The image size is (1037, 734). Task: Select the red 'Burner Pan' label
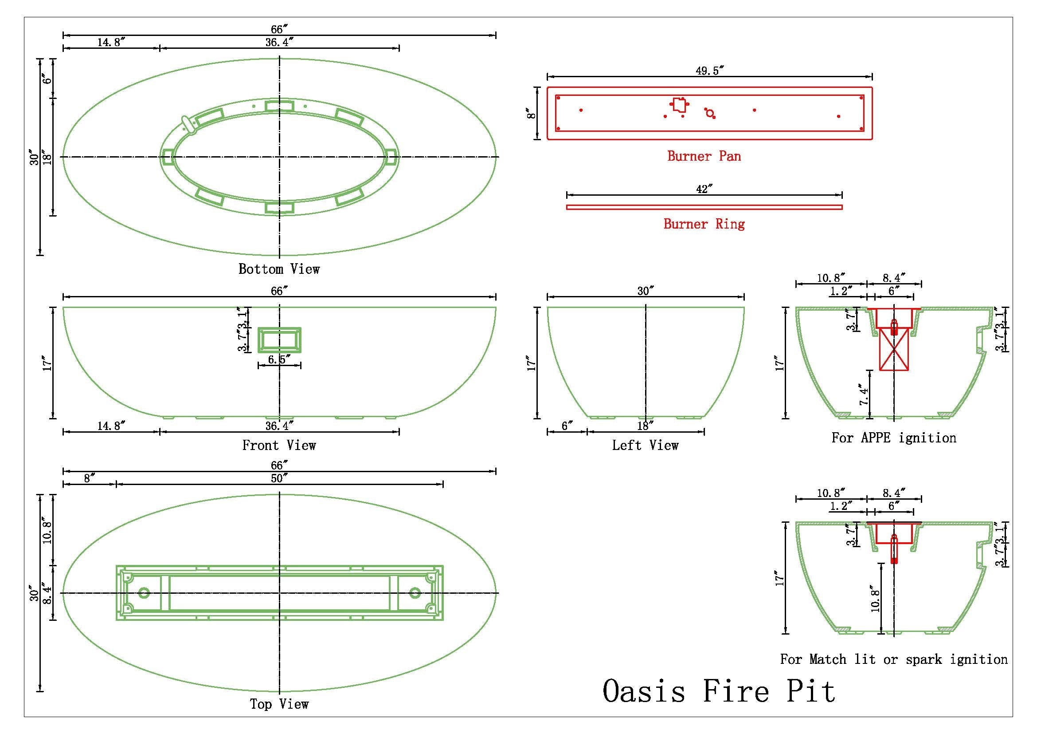(x=704, y=156)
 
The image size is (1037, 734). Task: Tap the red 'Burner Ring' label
(x=704, y=224)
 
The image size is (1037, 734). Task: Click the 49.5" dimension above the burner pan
(x=709, y=71)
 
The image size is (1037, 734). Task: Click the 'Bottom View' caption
(x=279, y=269)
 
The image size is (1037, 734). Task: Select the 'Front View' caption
(x=279, y=446)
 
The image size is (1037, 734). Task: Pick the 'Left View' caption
(x=645, y=446)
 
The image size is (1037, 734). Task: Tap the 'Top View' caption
(x=279, y=704)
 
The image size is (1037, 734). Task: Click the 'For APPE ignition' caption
(x=894, y=438)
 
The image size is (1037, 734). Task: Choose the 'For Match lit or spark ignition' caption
(x=894, y=659)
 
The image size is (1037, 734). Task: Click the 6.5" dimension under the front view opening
(x=279, y=360)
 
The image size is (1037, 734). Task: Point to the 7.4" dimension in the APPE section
(x=863, y=394)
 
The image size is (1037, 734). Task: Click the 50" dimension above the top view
(x=279, y=478)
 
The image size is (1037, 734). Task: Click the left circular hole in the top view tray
(x=144, y=593)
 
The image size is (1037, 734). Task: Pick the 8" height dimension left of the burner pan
(x=532, y=113)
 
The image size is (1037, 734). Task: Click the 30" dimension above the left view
(x=646, y=291)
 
